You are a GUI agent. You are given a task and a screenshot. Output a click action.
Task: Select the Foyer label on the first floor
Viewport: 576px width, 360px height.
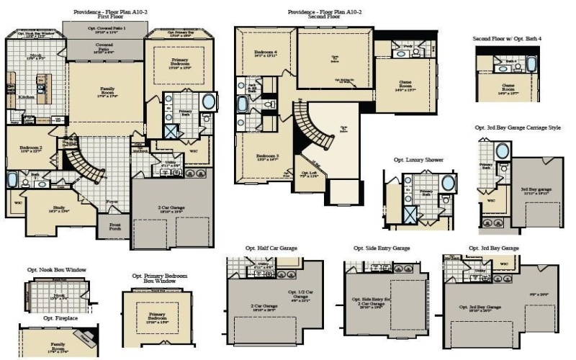112,202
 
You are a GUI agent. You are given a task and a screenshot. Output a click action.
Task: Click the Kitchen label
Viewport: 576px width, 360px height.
26,96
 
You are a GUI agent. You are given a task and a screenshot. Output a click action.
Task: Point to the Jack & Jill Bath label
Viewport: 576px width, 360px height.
252,88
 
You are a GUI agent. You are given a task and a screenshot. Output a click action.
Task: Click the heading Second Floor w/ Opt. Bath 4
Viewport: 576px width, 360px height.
506,38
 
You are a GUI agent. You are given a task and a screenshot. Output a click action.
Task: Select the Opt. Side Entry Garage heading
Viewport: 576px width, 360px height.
382,248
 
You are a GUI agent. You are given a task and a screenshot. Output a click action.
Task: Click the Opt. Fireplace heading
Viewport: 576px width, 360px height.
57,318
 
